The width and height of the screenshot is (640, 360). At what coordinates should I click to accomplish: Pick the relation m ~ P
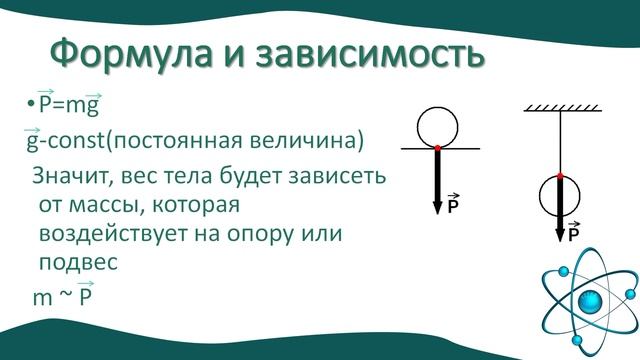click(62, 298)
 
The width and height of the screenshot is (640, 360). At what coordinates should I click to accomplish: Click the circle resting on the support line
click(437, 128)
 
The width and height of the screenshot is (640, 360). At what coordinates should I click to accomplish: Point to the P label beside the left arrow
click(453, 207)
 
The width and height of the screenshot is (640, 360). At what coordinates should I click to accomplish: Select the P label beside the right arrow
click(574, 235)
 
